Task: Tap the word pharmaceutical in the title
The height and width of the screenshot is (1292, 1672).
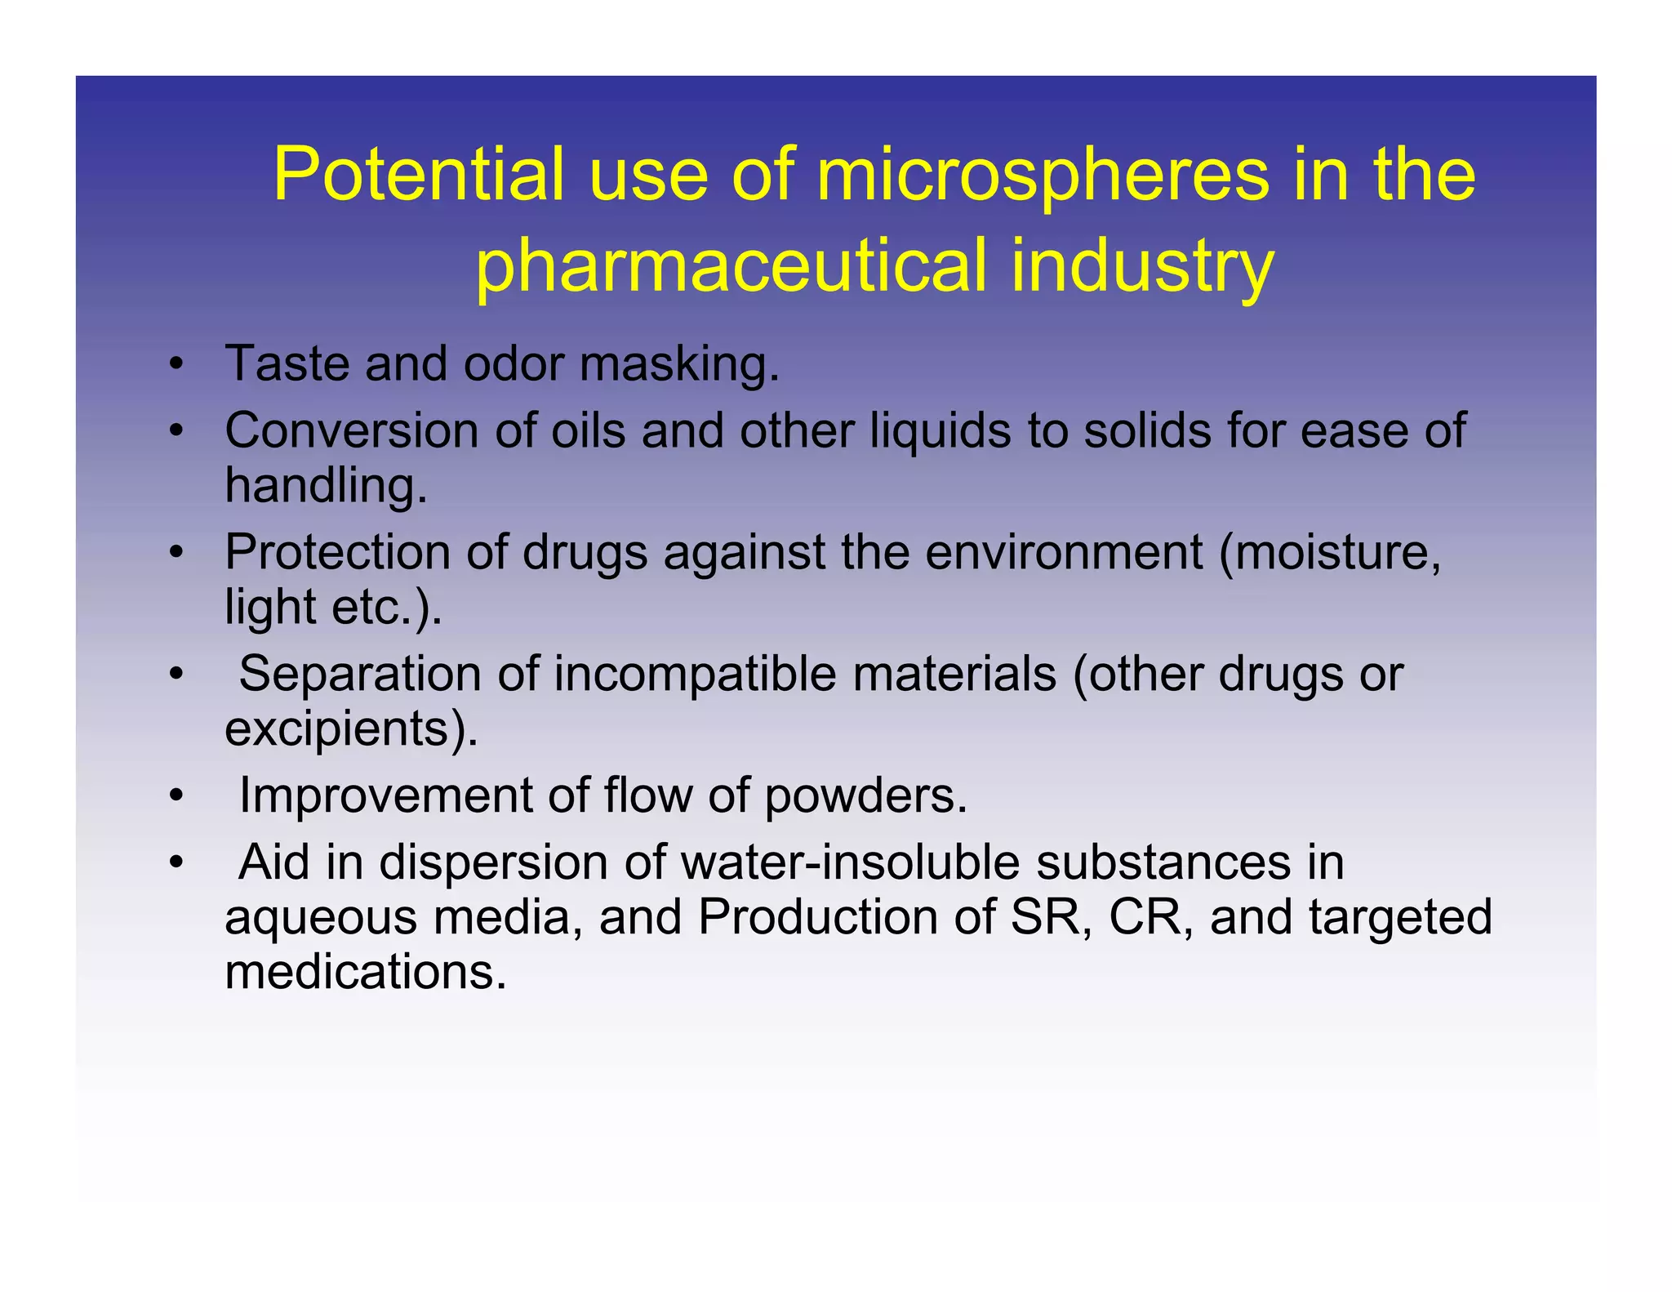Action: [x=731, y=265]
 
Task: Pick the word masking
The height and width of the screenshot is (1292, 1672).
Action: [x=679, y=364]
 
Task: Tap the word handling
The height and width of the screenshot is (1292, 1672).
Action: [x=326, y=486]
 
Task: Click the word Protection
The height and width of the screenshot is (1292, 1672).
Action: [x=336, y=552]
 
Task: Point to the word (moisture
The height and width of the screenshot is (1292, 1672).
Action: [x=1330, y=552]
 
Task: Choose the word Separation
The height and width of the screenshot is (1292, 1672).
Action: [x=360, y=674]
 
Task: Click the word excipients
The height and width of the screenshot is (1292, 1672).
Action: [x=350, y=728]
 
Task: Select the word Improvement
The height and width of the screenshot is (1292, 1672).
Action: [x=385, y=795]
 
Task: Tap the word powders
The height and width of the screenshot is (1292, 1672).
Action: [x=865, y=796]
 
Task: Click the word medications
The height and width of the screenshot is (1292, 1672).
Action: [x=365, y=972]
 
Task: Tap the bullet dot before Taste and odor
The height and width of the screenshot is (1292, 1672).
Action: [x=175, y=364]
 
